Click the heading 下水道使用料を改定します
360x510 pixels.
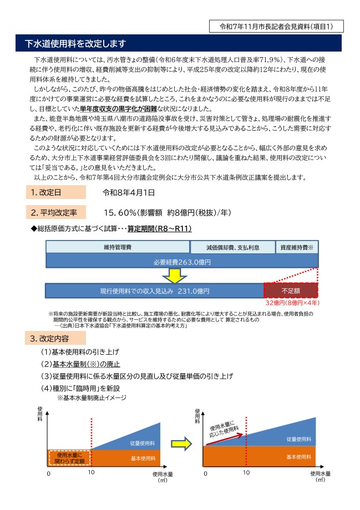(x=77, y=43)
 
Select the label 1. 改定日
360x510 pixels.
(x=55, y=193)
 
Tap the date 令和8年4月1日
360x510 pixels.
(x=129, y=193)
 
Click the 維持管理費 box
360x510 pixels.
(x=117, y=247)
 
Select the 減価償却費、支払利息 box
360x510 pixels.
(x=232, y=247)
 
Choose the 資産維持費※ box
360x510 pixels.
(x=297, y=247)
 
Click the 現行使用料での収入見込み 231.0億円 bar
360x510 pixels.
(x=155, y=291)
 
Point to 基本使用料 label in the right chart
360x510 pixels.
(x=298, y=456)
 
